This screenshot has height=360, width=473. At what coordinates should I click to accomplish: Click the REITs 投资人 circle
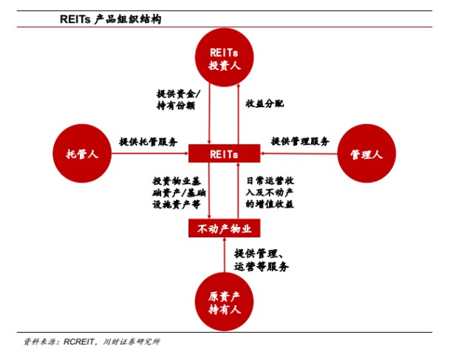(224, 58)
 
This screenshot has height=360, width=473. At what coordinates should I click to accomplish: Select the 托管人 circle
(82, 153)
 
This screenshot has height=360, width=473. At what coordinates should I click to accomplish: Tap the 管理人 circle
(367, 153)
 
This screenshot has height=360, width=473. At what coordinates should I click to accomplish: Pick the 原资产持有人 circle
(224, 302)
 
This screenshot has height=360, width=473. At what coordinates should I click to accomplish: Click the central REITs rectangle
(224, 153)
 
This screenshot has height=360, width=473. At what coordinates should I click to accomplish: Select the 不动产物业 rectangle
(224, 228)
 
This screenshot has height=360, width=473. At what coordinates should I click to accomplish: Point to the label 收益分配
(265, 103)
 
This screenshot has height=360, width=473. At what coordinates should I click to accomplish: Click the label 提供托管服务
(149, 142)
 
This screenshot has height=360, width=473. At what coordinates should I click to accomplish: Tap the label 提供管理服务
(300, 141)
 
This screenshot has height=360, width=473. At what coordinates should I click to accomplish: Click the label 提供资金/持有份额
(178, 100)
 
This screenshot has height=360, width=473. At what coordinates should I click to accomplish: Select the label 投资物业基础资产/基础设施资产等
(179, 193)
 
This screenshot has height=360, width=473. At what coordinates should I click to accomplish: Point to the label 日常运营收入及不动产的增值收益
(270, 193)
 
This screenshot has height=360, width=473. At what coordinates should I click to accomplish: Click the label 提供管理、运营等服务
(261, 259)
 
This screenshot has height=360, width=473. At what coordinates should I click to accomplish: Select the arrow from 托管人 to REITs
(150, 153)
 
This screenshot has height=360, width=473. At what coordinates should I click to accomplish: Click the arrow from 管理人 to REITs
(299, 153)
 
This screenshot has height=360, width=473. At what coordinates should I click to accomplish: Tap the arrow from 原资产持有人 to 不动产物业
(224, 255)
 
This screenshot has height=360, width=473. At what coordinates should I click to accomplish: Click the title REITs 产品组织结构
(111, 19)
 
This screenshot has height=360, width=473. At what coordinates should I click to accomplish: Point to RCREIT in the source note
(78, 342)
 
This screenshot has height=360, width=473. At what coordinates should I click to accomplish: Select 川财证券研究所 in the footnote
(132, 342)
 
